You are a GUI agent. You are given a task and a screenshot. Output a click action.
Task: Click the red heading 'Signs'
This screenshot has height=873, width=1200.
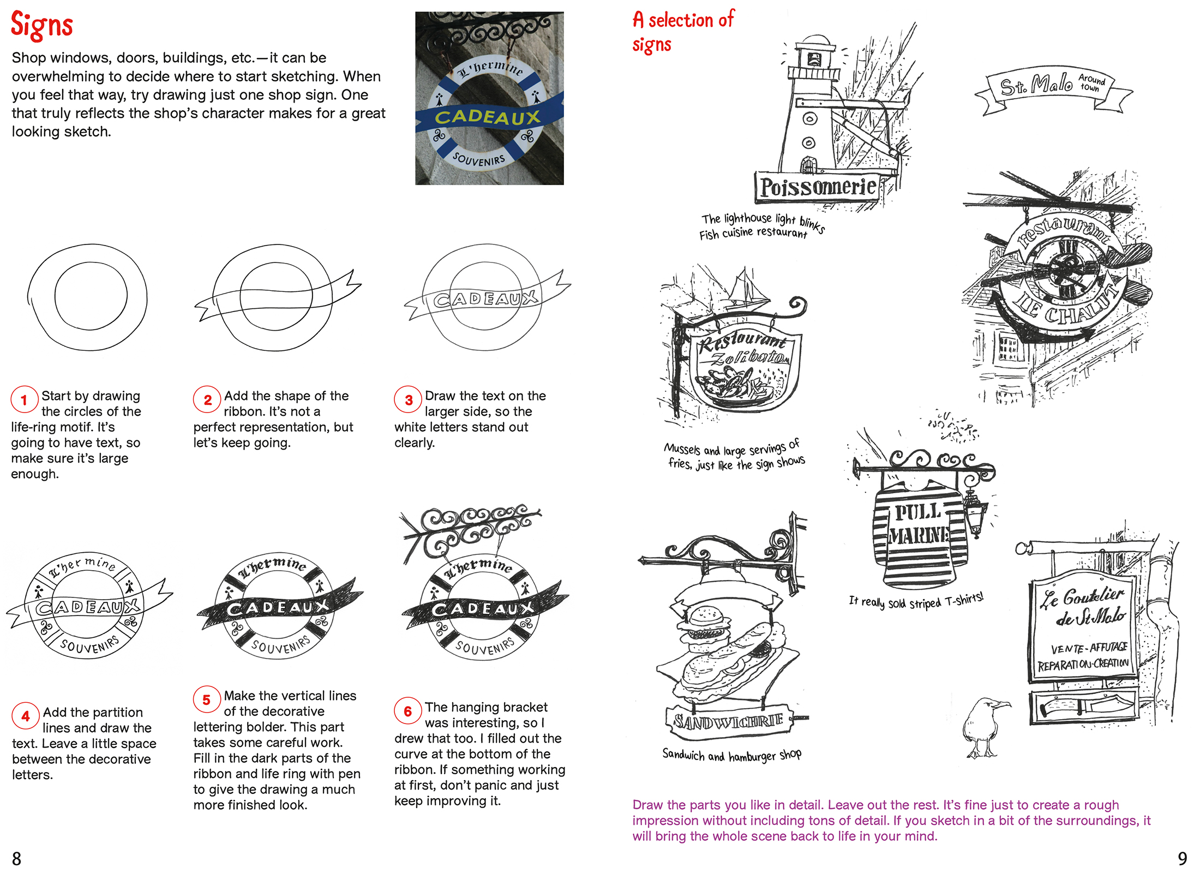[41, 25]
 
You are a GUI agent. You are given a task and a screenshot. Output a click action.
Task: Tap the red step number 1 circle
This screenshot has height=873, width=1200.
[24, 400]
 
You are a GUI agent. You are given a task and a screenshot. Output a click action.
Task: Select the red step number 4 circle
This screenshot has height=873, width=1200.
[25, 716]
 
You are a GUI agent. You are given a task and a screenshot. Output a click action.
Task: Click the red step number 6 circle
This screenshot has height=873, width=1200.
[407, 711]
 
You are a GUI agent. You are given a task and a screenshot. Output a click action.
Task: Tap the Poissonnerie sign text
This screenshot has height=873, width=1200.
[818, 187]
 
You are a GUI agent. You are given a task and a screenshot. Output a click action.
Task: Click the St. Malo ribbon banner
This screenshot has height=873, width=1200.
[1053, 87]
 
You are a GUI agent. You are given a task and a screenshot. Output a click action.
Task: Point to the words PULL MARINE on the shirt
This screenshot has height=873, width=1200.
[919, 524]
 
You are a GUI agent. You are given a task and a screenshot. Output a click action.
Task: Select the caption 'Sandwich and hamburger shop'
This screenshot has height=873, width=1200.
[731, 755]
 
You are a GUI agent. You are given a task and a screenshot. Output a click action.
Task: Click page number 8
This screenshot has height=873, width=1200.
[17, 859]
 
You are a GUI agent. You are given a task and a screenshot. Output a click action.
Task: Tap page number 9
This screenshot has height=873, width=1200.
[1182, 859]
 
